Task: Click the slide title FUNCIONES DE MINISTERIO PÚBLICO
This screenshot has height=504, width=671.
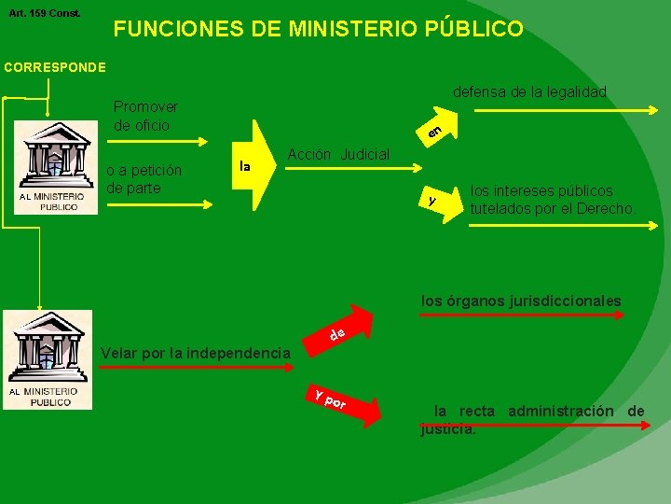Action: point(318,30)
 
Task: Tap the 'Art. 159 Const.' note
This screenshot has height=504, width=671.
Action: point(45,13)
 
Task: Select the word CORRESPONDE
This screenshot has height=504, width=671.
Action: point(55,67)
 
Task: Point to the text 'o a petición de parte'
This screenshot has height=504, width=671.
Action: point(144,179)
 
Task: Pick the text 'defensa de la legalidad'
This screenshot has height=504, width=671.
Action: point(529,91)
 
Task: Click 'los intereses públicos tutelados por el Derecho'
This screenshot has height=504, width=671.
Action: point(552,199)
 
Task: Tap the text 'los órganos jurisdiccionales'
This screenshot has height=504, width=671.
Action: point(521,301)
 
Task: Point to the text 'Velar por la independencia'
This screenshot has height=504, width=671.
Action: point(195,353)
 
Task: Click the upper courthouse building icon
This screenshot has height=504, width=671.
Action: point(56,166)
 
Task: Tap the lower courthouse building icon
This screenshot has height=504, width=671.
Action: point(47,358)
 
